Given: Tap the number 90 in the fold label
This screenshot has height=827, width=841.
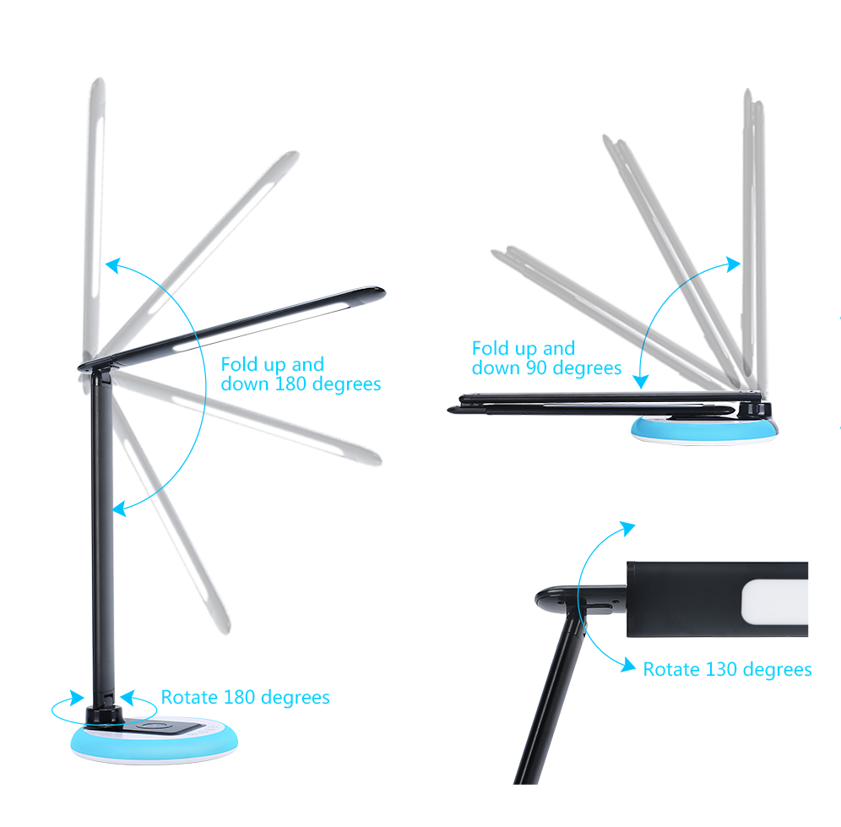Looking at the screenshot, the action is [536, 367].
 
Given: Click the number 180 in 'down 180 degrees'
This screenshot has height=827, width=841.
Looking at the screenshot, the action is [290, 384].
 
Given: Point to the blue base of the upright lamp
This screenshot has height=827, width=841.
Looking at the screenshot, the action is [155, 743].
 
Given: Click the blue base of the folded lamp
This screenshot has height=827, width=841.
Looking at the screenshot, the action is [704, 430].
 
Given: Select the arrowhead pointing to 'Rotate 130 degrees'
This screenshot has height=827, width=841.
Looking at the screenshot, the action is [628, 666].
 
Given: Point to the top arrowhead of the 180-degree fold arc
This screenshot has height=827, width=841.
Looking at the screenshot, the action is [112, 265].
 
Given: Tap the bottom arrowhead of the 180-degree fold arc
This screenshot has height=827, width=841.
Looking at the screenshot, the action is [119, 509].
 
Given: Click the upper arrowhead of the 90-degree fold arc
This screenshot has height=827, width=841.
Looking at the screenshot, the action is [734, 264].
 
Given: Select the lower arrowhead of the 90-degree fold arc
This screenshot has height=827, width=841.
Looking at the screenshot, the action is [641, 382].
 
